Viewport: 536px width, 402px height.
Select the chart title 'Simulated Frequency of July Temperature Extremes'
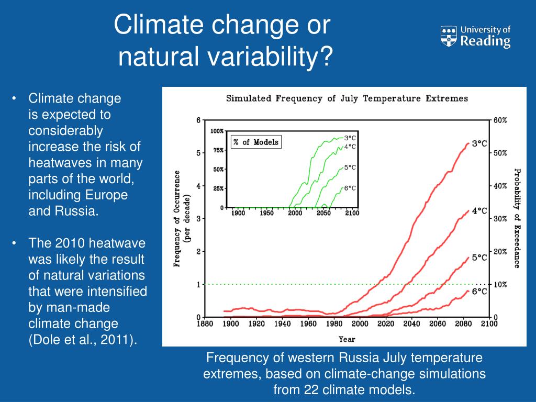(347, 98)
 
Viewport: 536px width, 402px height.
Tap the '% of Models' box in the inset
(256, 142)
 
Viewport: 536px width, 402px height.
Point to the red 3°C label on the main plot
(479, 143)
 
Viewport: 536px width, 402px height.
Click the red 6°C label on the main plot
(479, 292)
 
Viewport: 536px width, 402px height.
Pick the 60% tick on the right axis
(500, 120)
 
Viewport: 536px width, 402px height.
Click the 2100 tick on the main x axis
(488, 324)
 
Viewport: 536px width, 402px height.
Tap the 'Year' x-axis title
(347, 339)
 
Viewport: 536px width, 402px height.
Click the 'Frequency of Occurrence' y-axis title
(177, 219)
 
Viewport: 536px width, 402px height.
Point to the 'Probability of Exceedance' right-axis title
(517, 218)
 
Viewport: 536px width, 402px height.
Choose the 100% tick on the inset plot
(217, 131)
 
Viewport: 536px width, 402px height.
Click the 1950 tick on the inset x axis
(266, 214)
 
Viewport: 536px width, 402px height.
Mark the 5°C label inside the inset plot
(350, 167)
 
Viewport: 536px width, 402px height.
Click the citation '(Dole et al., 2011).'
(83, 339)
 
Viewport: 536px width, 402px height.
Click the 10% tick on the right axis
(500, 284)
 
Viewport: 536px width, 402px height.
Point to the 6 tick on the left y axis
(198, 120)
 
